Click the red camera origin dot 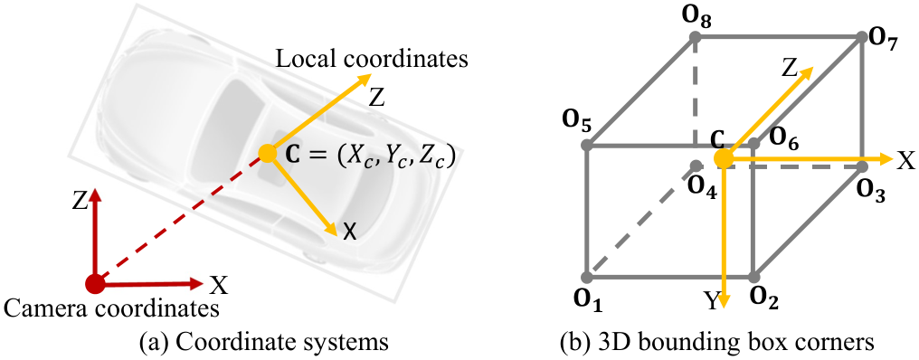(95, 284)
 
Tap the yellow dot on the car (267, 154)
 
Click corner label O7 (884, 41)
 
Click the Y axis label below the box (710, 301)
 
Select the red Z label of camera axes (81, 203)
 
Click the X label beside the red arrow (219, 286)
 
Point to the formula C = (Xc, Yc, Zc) (371, 157)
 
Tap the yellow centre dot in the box (724, 158)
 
